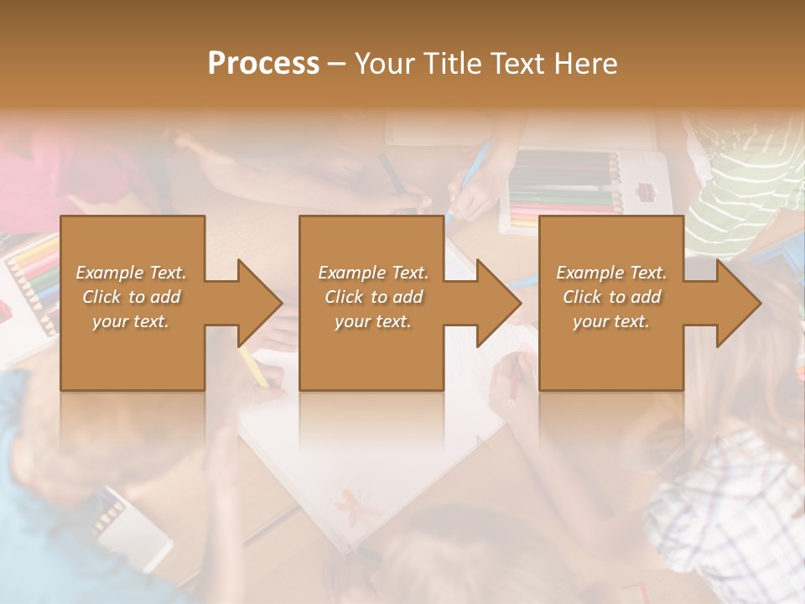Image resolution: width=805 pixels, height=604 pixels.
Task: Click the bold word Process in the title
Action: point(263,64)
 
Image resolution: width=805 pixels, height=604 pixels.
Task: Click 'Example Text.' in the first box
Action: point(131,273)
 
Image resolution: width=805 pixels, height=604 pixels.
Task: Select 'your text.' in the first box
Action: point(131,321)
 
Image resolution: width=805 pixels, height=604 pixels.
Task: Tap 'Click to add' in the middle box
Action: point(373,297)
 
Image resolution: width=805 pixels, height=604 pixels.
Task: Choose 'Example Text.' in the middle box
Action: point(373,273)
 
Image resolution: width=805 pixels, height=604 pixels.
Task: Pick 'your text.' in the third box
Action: point(611,321)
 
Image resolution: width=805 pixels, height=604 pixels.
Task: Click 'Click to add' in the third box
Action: point(611,297)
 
